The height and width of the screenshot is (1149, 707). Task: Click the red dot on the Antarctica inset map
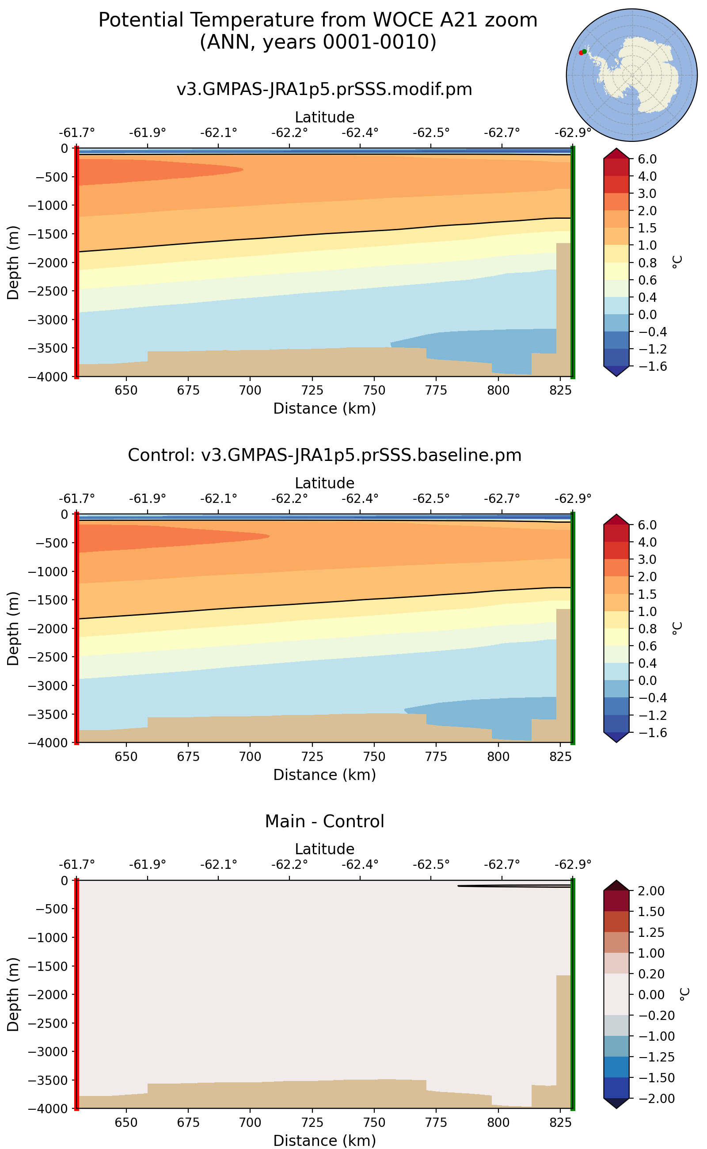click(x=581, y=53)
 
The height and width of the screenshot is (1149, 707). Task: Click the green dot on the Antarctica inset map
click(x=585, y=51)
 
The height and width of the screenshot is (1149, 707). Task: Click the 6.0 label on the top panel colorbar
click(x=648, y=159)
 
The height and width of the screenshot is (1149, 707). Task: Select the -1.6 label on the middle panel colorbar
click(x=648, y=732)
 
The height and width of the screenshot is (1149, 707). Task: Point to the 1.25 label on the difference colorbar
click(x=651, y=932)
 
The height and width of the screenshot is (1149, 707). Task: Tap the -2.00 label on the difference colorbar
click(x=651, y=1099)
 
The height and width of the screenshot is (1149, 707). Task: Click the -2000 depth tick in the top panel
click(x=48, y=263)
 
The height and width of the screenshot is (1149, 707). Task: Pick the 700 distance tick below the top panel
click(x=250, y=391)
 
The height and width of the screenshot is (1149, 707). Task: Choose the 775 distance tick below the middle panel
click(x=436, y=757)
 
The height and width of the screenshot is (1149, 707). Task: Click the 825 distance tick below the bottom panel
click(x=560, y=1123)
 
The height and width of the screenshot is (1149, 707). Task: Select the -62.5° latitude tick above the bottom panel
click(x=431, y=864)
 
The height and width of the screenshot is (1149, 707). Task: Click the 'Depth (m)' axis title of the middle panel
click(x=13, y=628)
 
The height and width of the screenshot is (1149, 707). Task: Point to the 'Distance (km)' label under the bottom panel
click(x=324, y=1141)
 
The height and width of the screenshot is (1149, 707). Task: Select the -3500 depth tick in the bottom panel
click(x=48, y=1080)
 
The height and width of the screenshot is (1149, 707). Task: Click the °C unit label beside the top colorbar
click(x=677, y=262)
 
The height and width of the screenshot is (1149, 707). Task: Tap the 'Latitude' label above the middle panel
click(x=324, y=483)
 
